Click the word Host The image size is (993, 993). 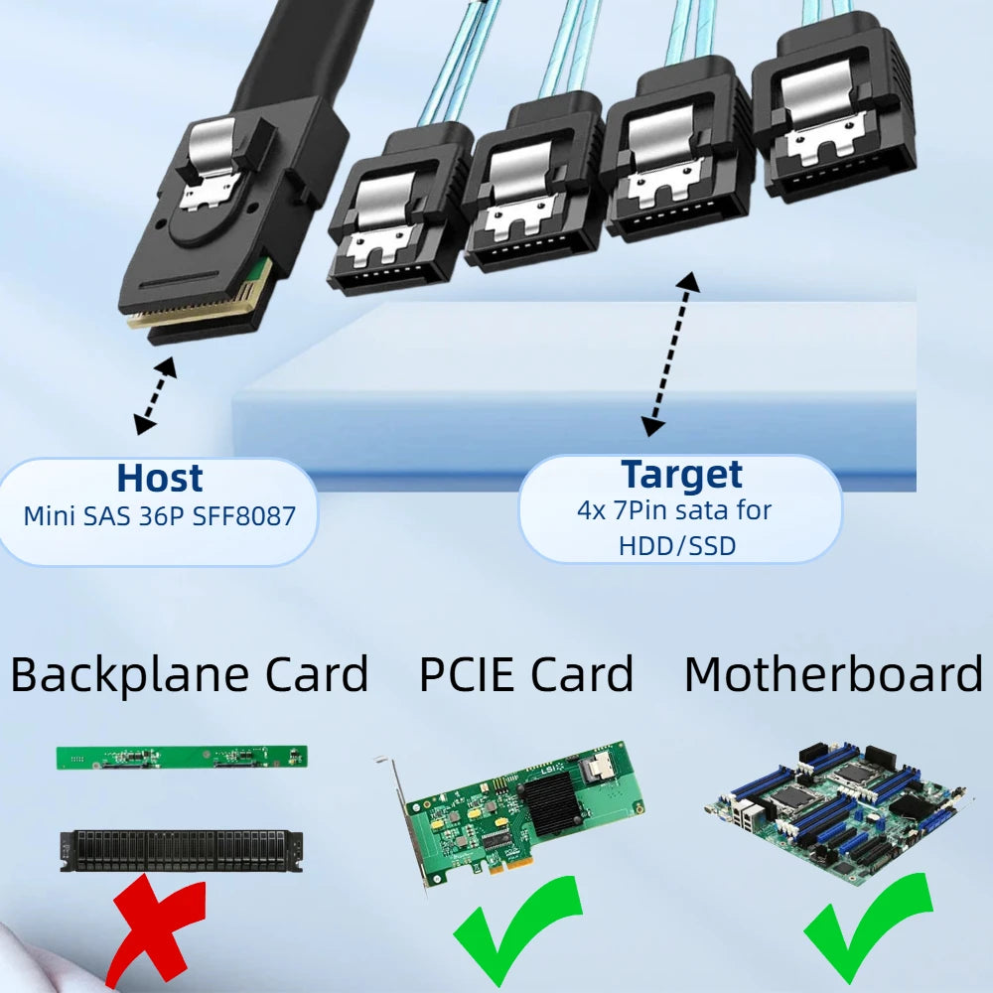[160, 478]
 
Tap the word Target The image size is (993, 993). [681, 475]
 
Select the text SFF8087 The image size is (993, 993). [244, 516]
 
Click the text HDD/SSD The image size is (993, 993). [677, 546]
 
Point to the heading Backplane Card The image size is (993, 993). [190, 674]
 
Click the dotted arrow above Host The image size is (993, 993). [156, 396]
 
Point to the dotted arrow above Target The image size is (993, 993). [671, 355]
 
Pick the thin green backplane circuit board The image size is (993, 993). [182, 758]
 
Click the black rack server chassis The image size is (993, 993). [181, 851]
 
